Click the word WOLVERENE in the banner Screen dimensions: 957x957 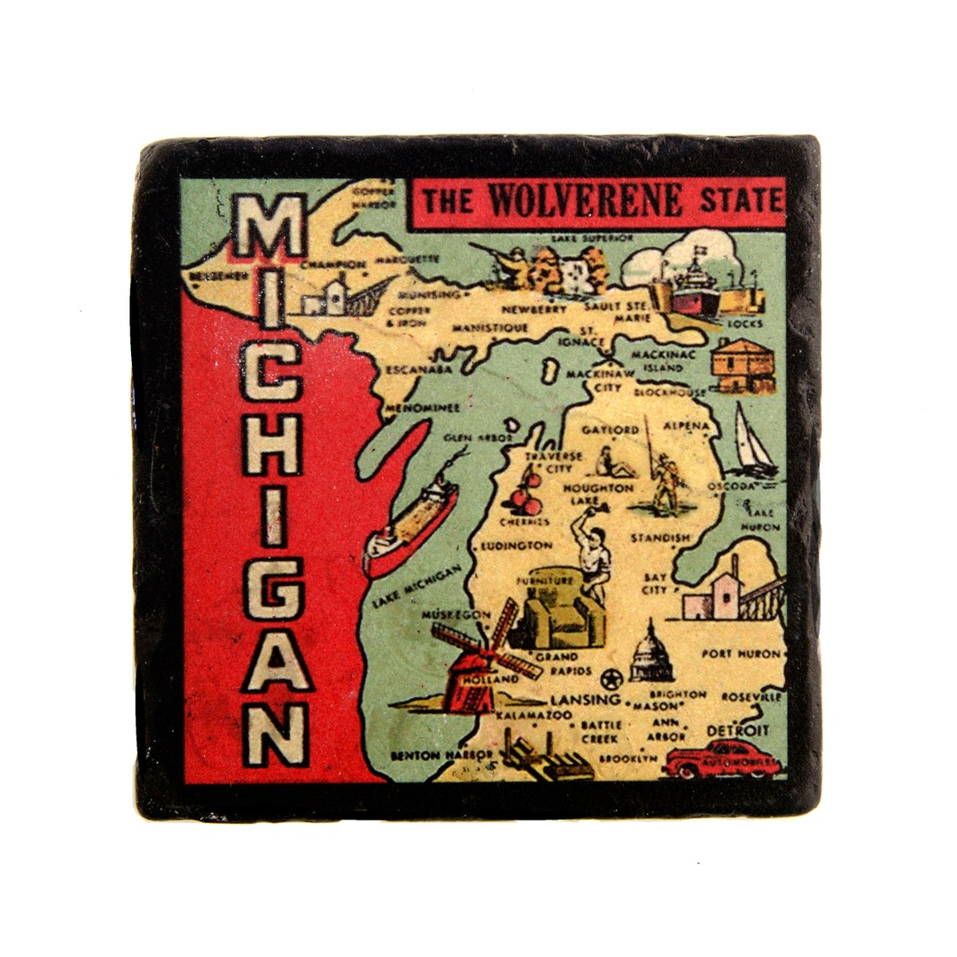pos(586,200)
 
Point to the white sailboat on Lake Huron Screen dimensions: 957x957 pos(753,441)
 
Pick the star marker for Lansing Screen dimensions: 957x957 pos(611,681)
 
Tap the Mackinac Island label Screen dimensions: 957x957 pos(657,361)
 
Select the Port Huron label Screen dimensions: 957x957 pos(741,655)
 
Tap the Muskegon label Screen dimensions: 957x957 pos(456,614)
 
